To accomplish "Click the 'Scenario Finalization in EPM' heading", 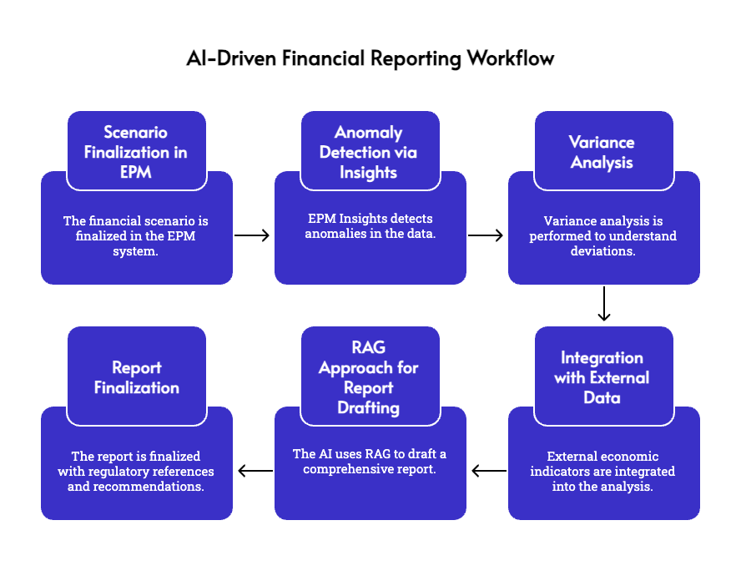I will (x=136, y=152).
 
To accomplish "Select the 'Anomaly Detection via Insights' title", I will (x=369, y=152).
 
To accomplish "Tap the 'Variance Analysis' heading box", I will (x=602, y=152).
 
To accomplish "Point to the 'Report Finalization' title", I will (x=136, y=377).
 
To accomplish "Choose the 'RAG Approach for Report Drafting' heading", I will (x=369, y=377).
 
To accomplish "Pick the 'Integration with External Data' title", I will (x=602, y=377).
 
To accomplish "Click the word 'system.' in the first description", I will (x=136, y=251).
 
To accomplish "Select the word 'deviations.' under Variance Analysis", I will (x=602, y=251).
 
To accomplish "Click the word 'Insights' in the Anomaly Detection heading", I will (x=369, y=173).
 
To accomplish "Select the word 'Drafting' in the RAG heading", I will (x=369, y=408).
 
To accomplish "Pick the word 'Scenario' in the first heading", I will (x=136, y=132).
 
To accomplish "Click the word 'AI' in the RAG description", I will (x=329, y=454).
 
